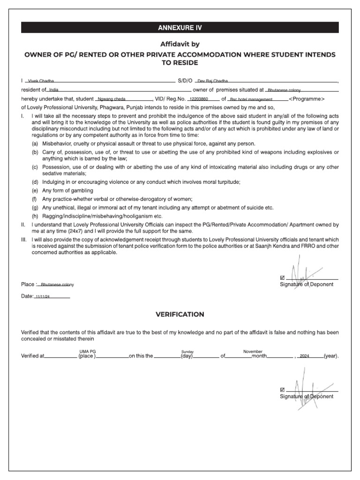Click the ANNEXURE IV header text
(180, 28)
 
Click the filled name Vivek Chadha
(42, 81)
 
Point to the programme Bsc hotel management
(251, 99)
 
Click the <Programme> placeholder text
(307, 99)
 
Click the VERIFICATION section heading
(180, 314)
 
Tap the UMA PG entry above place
(88, 351)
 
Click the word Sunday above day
(187, 351)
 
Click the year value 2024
(305, 356)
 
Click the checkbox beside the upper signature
(282, 277)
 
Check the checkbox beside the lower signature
(282, 389)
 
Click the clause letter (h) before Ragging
(35, 216)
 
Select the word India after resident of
(53, 90)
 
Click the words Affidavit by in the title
(180, 44)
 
